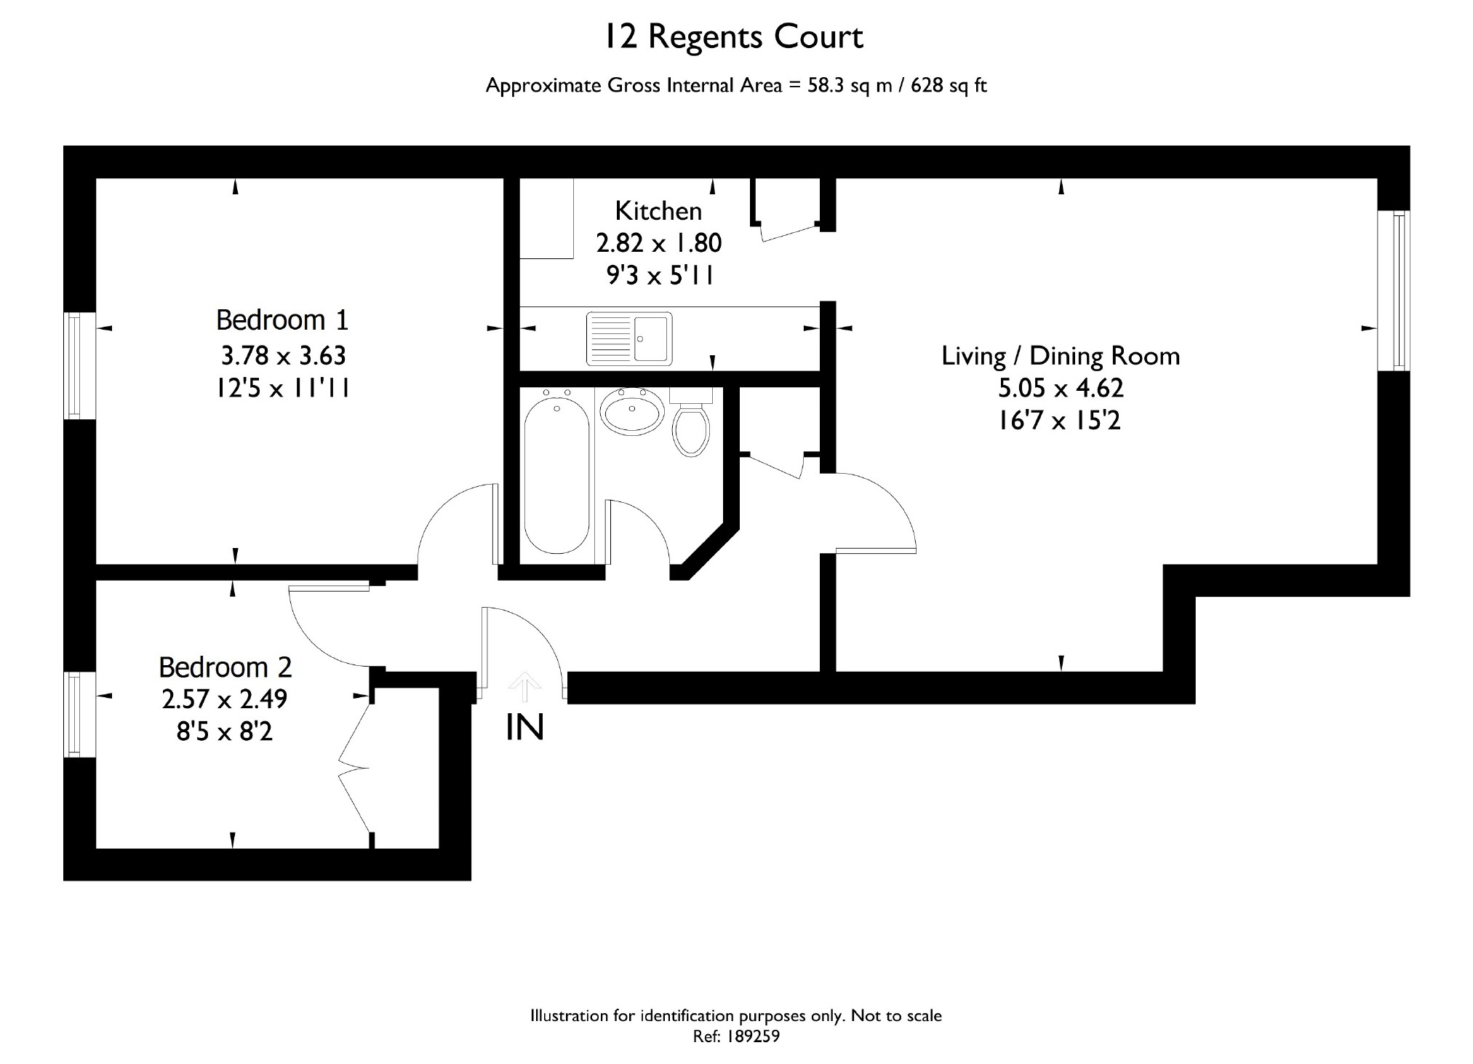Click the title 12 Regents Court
[734, 37]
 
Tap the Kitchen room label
[658, 211]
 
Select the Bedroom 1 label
[282, 320]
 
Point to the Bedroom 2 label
[225, 667]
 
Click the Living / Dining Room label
[1061, 356]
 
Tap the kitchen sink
[629, 338]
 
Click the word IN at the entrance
[524, 727]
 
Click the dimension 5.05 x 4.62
[1061, 389]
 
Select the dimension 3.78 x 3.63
[283, 356]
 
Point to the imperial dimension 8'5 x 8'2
[224, 731]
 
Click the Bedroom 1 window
[81, 365]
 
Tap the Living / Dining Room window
[1394, 290]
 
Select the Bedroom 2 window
[79, 714]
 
